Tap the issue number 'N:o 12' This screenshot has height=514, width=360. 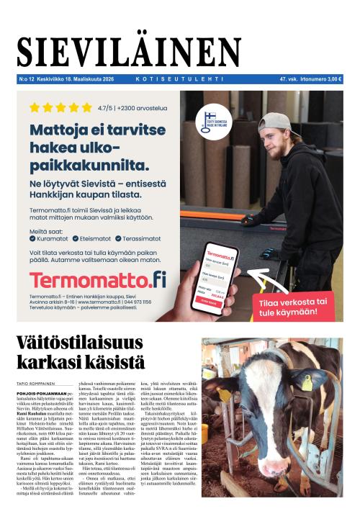27,79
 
